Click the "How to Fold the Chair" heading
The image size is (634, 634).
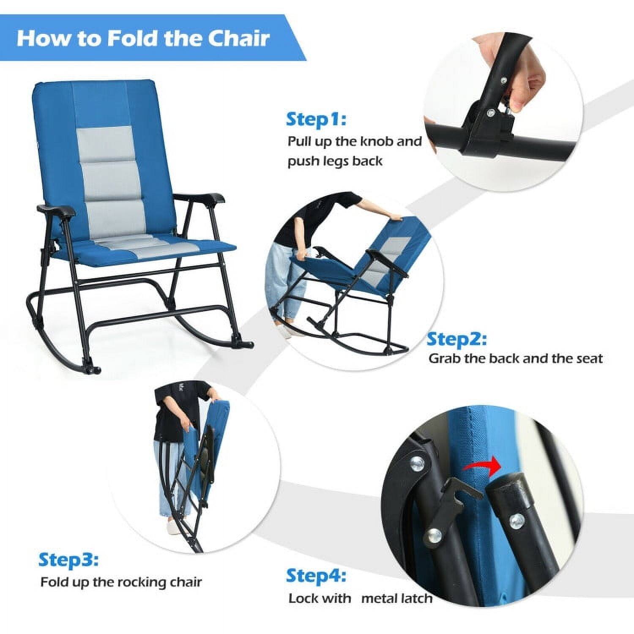coord(143,38)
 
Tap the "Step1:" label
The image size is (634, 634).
coord(316,119)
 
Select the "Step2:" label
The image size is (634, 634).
coord(456,339)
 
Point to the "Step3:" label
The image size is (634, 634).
coord(68,560)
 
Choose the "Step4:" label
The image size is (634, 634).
coord(316,576)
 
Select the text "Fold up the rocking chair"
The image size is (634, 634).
coord(121,582)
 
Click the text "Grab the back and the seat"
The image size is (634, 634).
coord(515,358)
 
